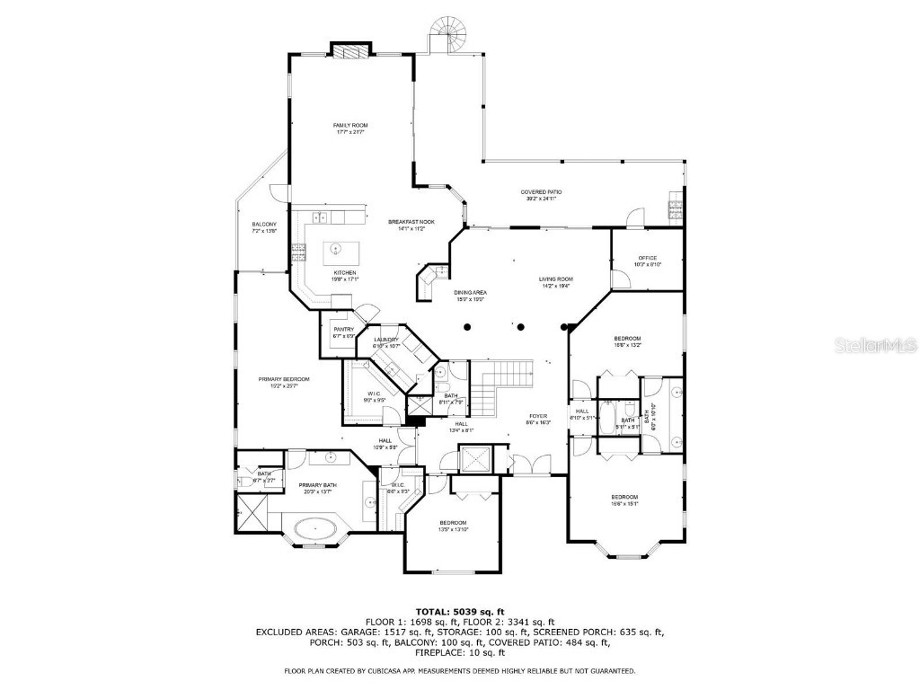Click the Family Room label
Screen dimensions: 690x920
point(350,128)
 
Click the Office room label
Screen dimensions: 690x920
point(648,261)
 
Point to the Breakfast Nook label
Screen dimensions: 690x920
point(411,225)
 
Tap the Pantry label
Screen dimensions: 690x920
point(343,332)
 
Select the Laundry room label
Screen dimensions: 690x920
point(374,342)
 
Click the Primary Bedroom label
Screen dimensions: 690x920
point(284,383)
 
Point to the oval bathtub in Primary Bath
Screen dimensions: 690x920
point(314,530)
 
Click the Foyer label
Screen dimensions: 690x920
point(538,419)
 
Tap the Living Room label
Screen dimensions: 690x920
point(556,282)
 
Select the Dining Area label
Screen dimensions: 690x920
point(470,296)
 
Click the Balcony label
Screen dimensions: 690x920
point(264,227)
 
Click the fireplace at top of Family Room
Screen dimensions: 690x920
point(350,49)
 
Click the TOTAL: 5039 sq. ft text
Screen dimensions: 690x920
point(459,611)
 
